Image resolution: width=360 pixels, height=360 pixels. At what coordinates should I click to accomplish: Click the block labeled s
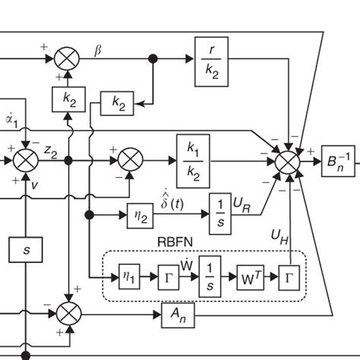[x=27, y=248]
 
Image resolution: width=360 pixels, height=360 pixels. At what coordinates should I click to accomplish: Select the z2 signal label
[x=50, y=152]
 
